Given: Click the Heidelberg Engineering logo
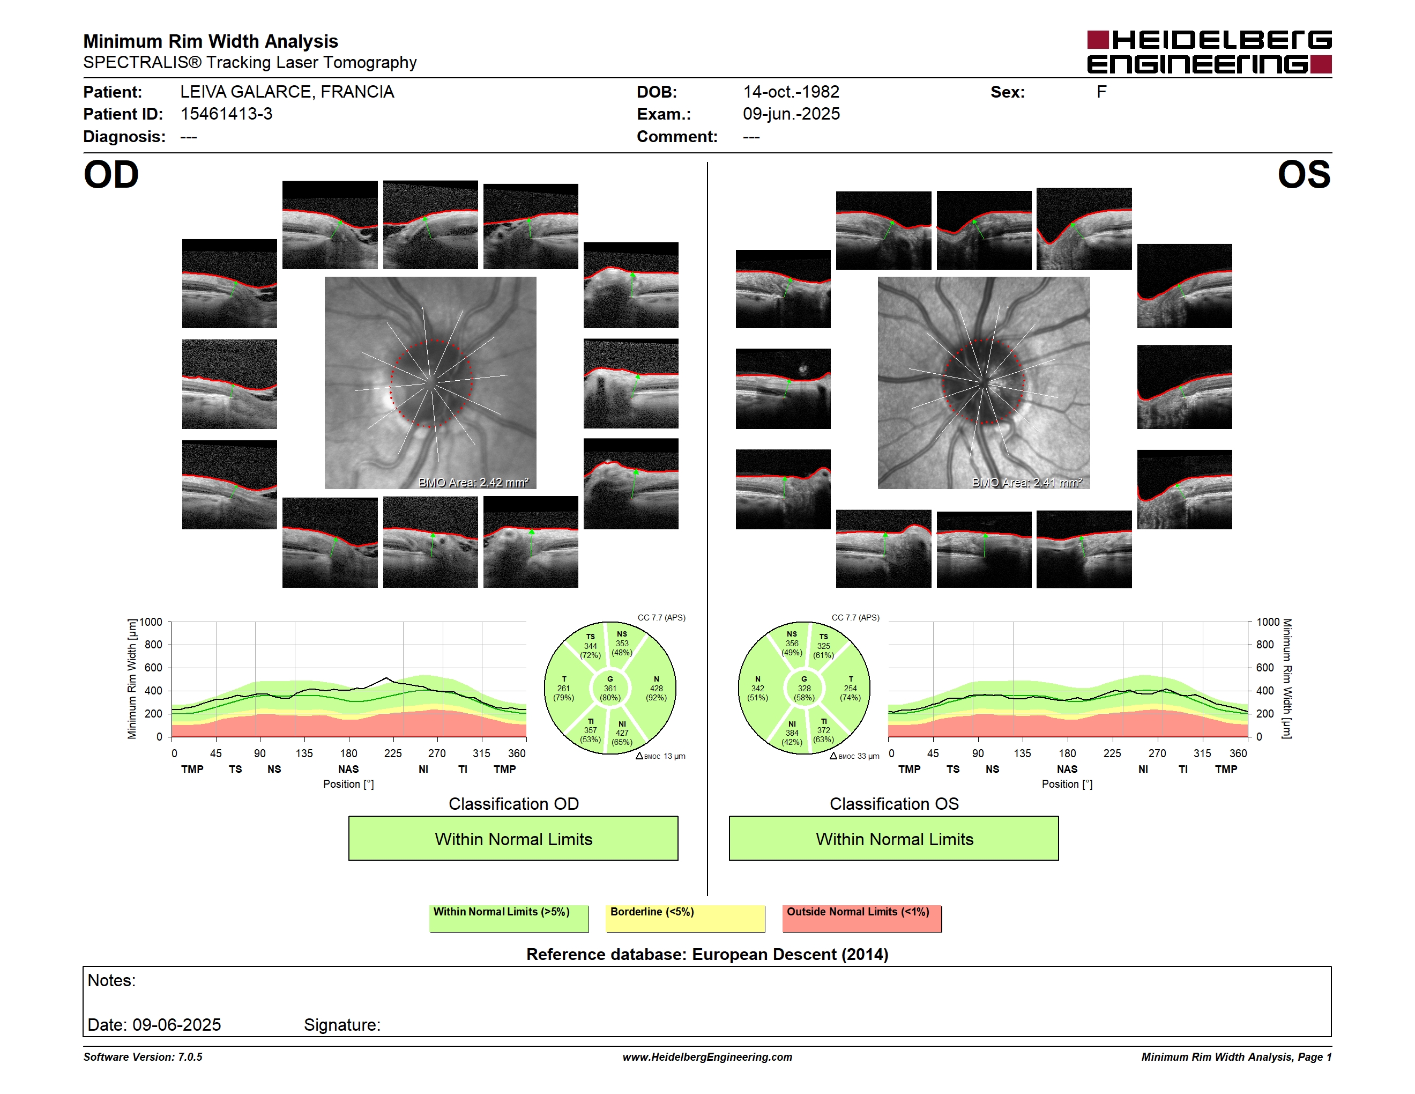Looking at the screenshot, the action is coord(1209,52).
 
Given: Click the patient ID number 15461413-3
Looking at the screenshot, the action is coord(226,114).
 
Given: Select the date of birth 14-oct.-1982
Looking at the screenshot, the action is coord(791,92).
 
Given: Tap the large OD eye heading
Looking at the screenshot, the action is coord(111,174).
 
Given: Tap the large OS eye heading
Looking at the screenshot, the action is coord(1304,174).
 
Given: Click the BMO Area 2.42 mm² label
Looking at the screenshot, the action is coord(474,482).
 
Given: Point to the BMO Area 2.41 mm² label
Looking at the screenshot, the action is coord(1027,482).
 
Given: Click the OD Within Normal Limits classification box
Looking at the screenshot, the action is coord(513,838).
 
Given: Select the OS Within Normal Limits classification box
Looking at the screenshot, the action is coord(894,838).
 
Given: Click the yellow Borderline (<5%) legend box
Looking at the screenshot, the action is coord(685,918).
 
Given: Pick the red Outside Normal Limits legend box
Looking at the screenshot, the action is coord(862,918).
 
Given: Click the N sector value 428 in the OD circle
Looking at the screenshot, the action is coord(657,688).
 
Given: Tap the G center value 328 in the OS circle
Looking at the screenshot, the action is coord(804,688).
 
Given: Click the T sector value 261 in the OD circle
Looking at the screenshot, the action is coord(564,688).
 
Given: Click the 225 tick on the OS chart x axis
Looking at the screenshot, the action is coord(1112,753).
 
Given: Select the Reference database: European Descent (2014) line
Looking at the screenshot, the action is coord(707,954).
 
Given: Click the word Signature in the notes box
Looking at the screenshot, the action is coord(342,1025).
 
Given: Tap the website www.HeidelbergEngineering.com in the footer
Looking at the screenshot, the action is coord(707,1057).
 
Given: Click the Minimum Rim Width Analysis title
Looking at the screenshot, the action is coord(211,41).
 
